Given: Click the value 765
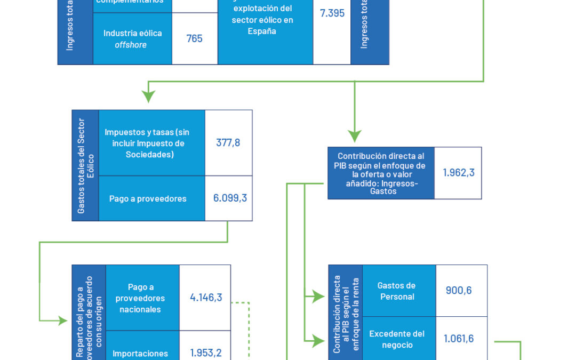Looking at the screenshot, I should tap(195, 38).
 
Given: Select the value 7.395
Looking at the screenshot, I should tap(332, 13).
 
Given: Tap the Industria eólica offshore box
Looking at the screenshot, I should tap(132, 38).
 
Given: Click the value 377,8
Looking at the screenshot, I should tap(228, 143).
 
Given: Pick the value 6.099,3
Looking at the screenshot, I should tap(230, 198).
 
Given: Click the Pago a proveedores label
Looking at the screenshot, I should tap(148, 198).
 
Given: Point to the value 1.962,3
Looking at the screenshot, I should tap(458, 173).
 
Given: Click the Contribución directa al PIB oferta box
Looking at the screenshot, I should tap(381, 173).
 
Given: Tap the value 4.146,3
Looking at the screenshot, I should tap(206, 298).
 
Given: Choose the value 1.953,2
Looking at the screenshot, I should tap(206, 353).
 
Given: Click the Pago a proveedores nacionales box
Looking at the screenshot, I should tap(140, 298).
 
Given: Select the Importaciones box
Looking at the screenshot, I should tap(140, 353).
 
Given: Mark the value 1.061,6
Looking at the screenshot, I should tap(459, 339).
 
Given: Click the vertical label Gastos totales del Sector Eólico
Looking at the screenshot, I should tap(85, 165).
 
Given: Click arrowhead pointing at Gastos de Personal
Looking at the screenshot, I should tap(321, 294).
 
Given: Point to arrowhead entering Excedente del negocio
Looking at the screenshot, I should tap(321, 339).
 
